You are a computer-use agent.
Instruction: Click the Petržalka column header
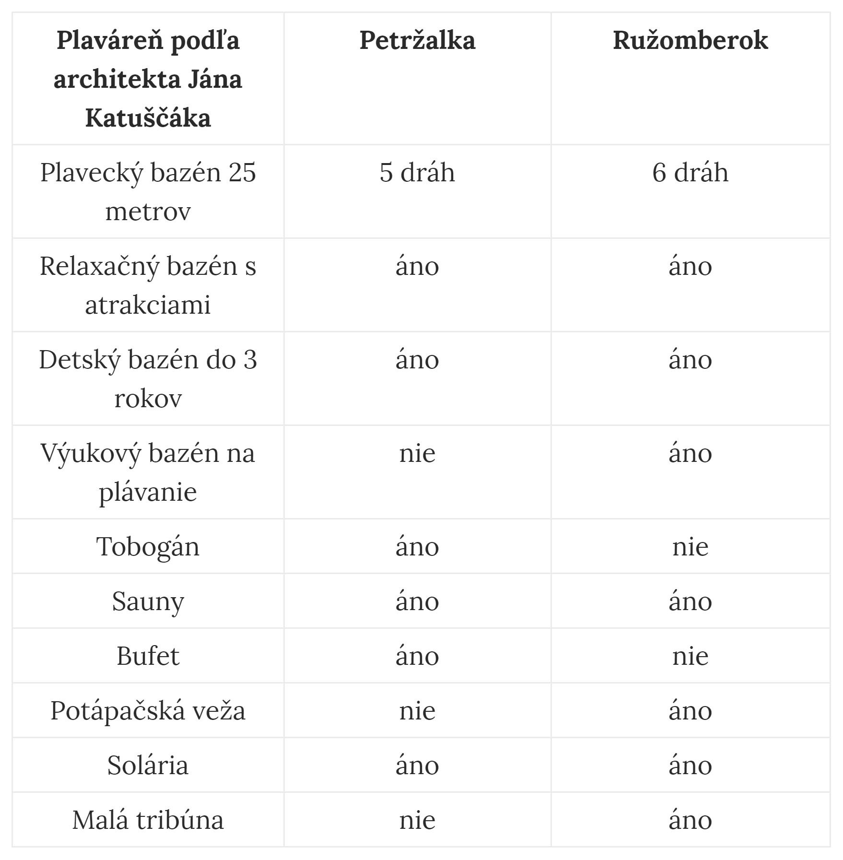(417, 40)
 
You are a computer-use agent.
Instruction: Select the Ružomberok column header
(690, 40)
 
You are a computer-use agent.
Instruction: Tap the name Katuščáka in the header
(148, 118)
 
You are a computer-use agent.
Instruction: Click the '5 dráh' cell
(417, 173)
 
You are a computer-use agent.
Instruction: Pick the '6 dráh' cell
(690, 173)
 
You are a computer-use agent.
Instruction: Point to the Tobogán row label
(148, 546)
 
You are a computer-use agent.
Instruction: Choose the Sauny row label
(148, 601)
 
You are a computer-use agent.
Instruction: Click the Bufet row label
(148, 656)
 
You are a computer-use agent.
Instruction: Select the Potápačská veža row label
(148, 710)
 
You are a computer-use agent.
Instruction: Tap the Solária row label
(148, 765)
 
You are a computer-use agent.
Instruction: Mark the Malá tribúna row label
(148, 820)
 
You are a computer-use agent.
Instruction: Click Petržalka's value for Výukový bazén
(417, 453)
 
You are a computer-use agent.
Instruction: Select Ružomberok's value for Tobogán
(690, 546)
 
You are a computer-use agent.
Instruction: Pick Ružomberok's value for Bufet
(690, 656)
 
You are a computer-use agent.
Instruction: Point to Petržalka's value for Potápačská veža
(417, 710)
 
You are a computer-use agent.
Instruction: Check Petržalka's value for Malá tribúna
(417, 820)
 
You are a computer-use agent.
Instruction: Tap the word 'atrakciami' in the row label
(148, 305)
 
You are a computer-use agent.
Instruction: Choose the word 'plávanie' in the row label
(148, 492)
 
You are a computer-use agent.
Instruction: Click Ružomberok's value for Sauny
(690, 601)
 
